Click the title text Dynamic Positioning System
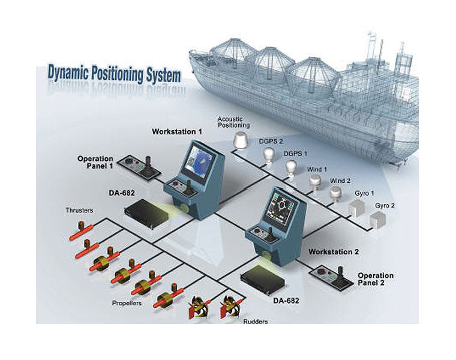click(x=113, y=75)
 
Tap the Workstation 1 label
click(x=177, y=131)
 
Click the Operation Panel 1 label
click(x=95, y=163)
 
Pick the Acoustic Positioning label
click(x=233, y=122)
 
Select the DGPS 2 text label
click(x=271, y=141)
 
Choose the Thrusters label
click(x=79, y=211)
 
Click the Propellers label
click(x=127, y=303)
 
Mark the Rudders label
click(x=255, y=322)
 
